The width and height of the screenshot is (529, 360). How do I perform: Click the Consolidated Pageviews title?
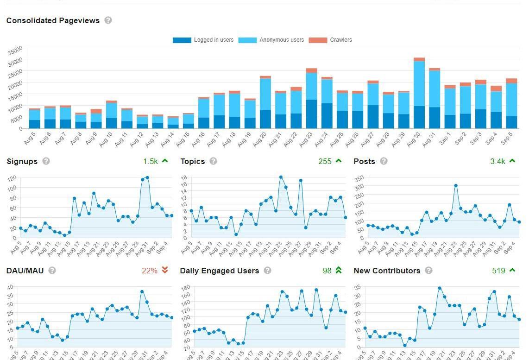(x=53, y=20)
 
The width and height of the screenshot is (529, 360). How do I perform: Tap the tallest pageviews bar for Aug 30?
(x=419, y=93)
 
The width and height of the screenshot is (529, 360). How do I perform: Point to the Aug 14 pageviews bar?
(x=173, y=122)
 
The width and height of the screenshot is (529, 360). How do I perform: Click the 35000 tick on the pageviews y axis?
(x=15, y=50)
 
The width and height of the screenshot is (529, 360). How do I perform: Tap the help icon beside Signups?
(x=46, y=161)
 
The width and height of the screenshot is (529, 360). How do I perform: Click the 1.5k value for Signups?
(x=150, y=161)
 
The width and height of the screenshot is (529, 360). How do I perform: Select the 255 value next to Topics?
(x=325, y=161)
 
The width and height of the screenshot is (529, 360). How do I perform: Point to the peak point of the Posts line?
(x=456, y=186)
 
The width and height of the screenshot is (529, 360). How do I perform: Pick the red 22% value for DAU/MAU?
(x=150, y=271)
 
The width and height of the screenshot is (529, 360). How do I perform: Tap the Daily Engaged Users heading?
(x=219, y=271)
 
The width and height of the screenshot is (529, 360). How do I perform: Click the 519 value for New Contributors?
(x=498, y=271)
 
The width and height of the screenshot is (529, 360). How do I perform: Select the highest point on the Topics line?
(x=281, y=177)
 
